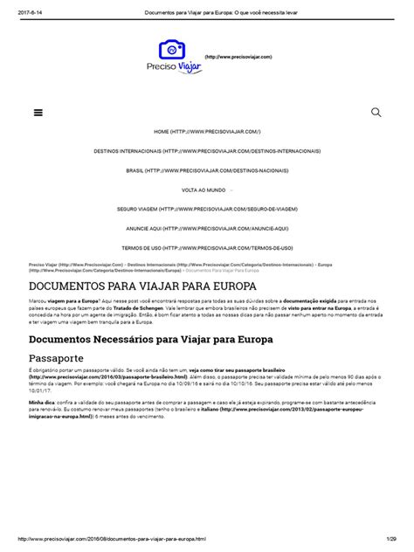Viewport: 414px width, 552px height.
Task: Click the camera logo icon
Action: [x=172, y=50]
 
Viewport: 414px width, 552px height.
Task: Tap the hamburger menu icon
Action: [x=38, y=113]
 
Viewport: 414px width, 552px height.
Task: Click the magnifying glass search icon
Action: [x=376, y=113]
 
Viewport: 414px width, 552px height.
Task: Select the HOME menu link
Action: [x=207, y=131]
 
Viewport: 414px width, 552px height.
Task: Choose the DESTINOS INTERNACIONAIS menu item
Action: [x=207, y=151]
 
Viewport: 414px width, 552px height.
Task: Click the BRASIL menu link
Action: [x=207, y=170]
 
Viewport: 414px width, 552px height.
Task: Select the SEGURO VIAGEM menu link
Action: [x=207, y=210]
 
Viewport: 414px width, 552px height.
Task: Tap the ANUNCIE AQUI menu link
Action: [x=207, y=229]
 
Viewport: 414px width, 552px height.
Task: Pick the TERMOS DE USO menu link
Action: [x=207, y=248]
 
